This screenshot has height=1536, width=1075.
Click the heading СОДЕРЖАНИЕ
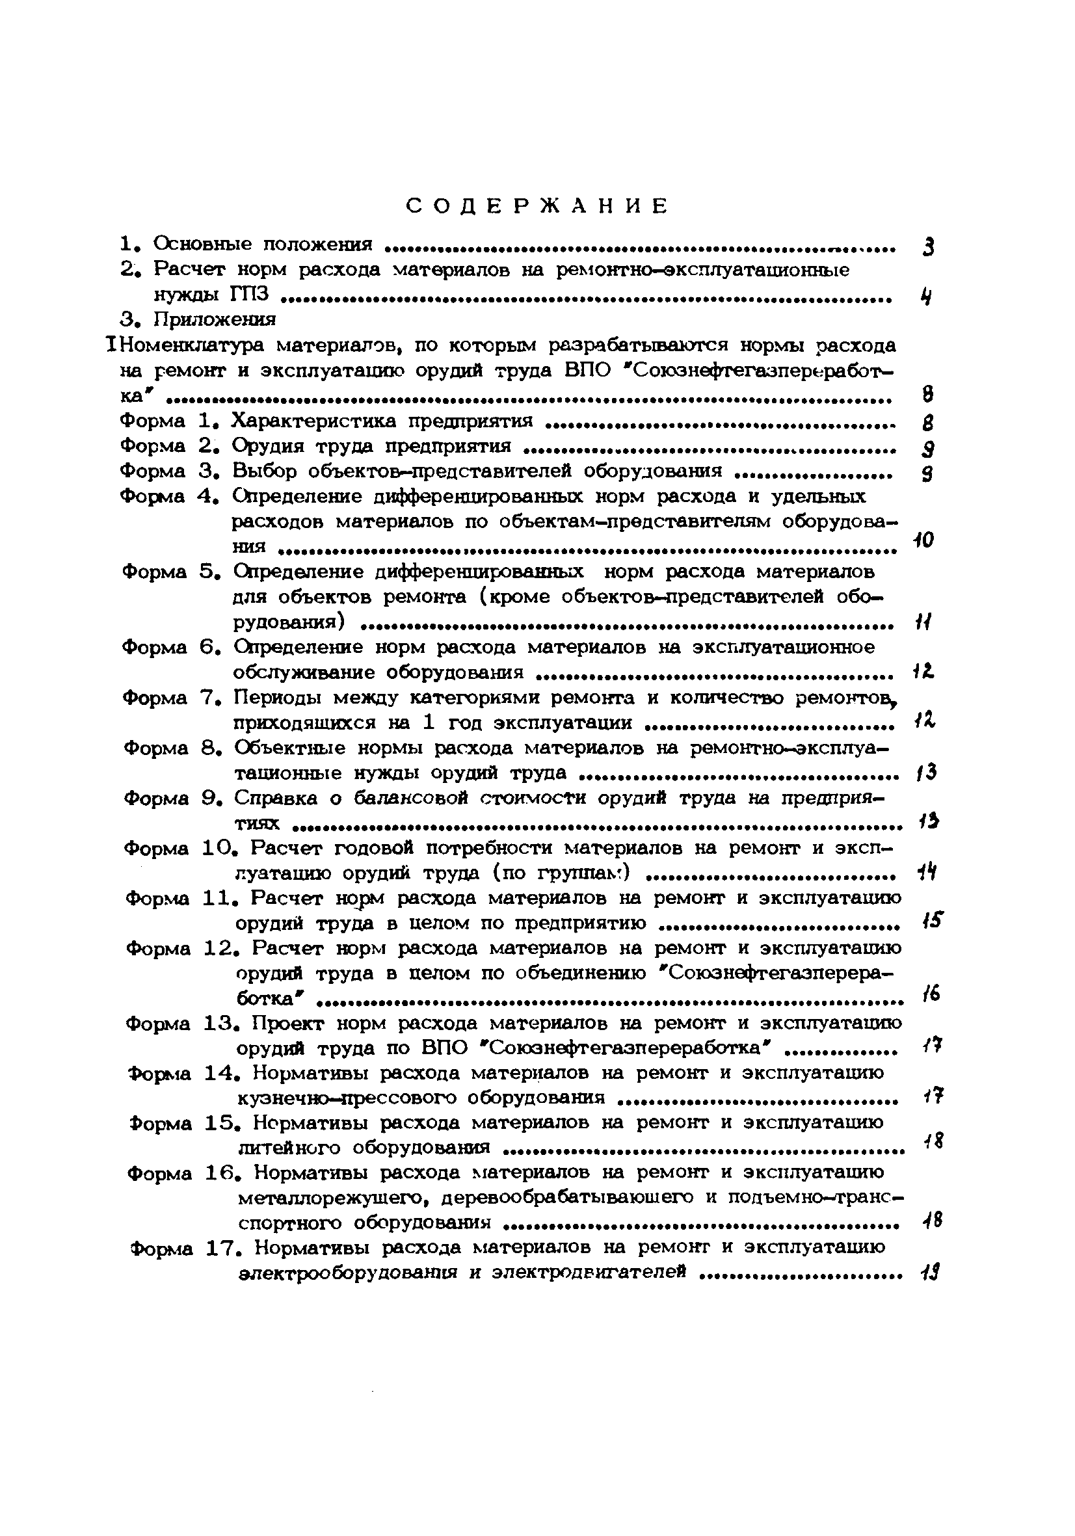(x=537, y=206)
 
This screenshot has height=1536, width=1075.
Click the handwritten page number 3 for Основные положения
(x=927, y=248)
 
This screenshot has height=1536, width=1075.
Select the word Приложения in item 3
(x=214, y=320)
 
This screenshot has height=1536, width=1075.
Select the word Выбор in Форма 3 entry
(x=264, y=471)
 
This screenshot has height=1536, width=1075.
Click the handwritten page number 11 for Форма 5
(x=924, y=623)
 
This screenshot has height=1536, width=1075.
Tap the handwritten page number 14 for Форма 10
(x=926, y=872)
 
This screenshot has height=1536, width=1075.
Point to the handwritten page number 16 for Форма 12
(x=929, y=995)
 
